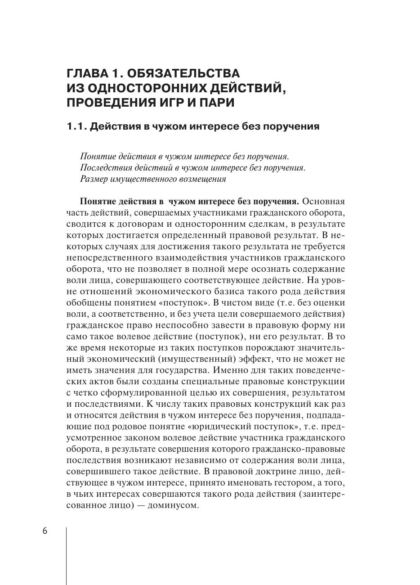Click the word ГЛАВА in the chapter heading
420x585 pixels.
[86, 73]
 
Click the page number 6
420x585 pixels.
[45, 531]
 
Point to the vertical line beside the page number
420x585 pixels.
[67, 556]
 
